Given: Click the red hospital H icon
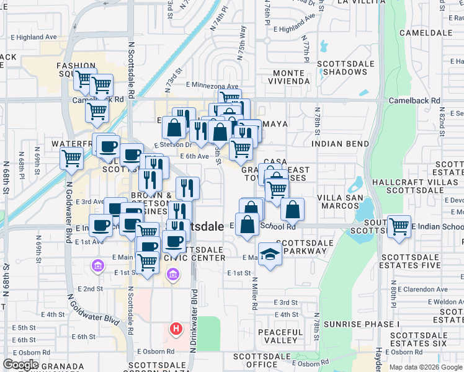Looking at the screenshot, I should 177,329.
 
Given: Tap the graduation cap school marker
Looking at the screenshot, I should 270,255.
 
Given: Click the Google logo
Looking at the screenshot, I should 20,365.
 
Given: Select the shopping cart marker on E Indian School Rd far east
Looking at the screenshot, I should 398,226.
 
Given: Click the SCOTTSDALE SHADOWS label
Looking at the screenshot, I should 346,68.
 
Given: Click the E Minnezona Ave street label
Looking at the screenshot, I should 212,86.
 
